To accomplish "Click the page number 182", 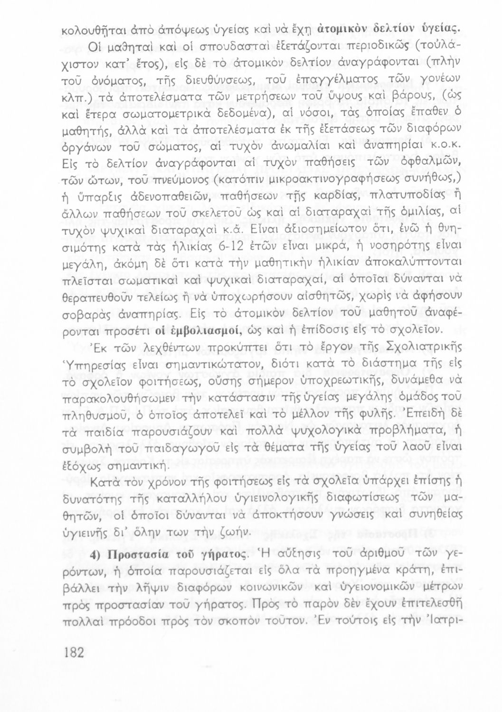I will pos(73,652).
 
